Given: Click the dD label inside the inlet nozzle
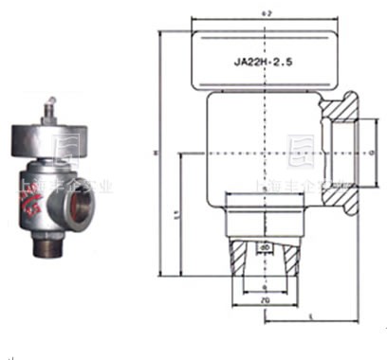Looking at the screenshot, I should [265, 249].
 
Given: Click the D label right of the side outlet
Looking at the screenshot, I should [373, 149].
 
